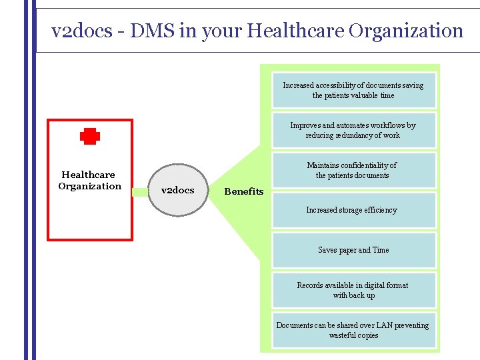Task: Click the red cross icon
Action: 90,137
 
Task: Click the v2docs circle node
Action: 178,190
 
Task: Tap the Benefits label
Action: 244,191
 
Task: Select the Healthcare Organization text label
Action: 89,181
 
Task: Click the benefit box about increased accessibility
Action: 353,91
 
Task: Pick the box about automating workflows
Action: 353,130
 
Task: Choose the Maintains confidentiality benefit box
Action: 353,170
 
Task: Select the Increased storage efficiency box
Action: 353,210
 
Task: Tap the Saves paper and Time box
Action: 353,250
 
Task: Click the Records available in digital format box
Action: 353,290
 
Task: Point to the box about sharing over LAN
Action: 353,330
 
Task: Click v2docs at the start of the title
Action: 81,31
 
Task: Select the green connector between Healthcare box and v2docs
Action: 139,192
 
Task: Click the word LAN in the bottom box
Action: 385,325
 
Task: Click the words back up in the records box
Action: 363,295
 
